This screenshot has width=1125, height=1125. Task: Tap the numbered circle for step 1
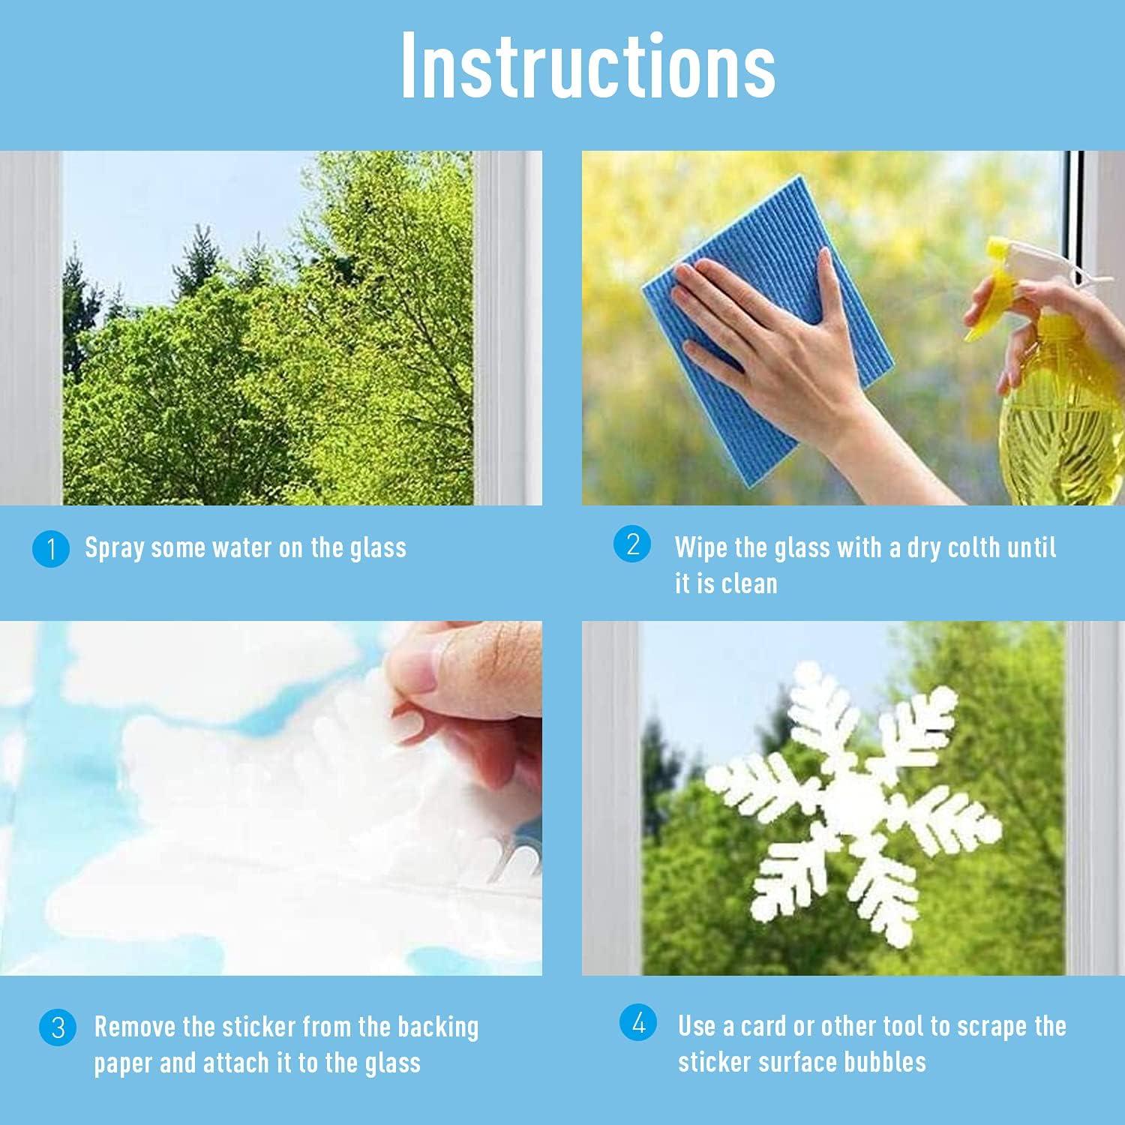[x=51, y=548]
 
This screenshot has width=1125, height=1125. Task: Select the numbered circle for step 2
[x=632, y=544]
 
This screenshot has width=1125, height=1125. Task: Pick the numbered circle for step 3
[x=58, y=1027]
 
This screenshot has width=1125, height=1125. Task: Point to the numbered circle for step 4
[x=638, y=1023]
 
